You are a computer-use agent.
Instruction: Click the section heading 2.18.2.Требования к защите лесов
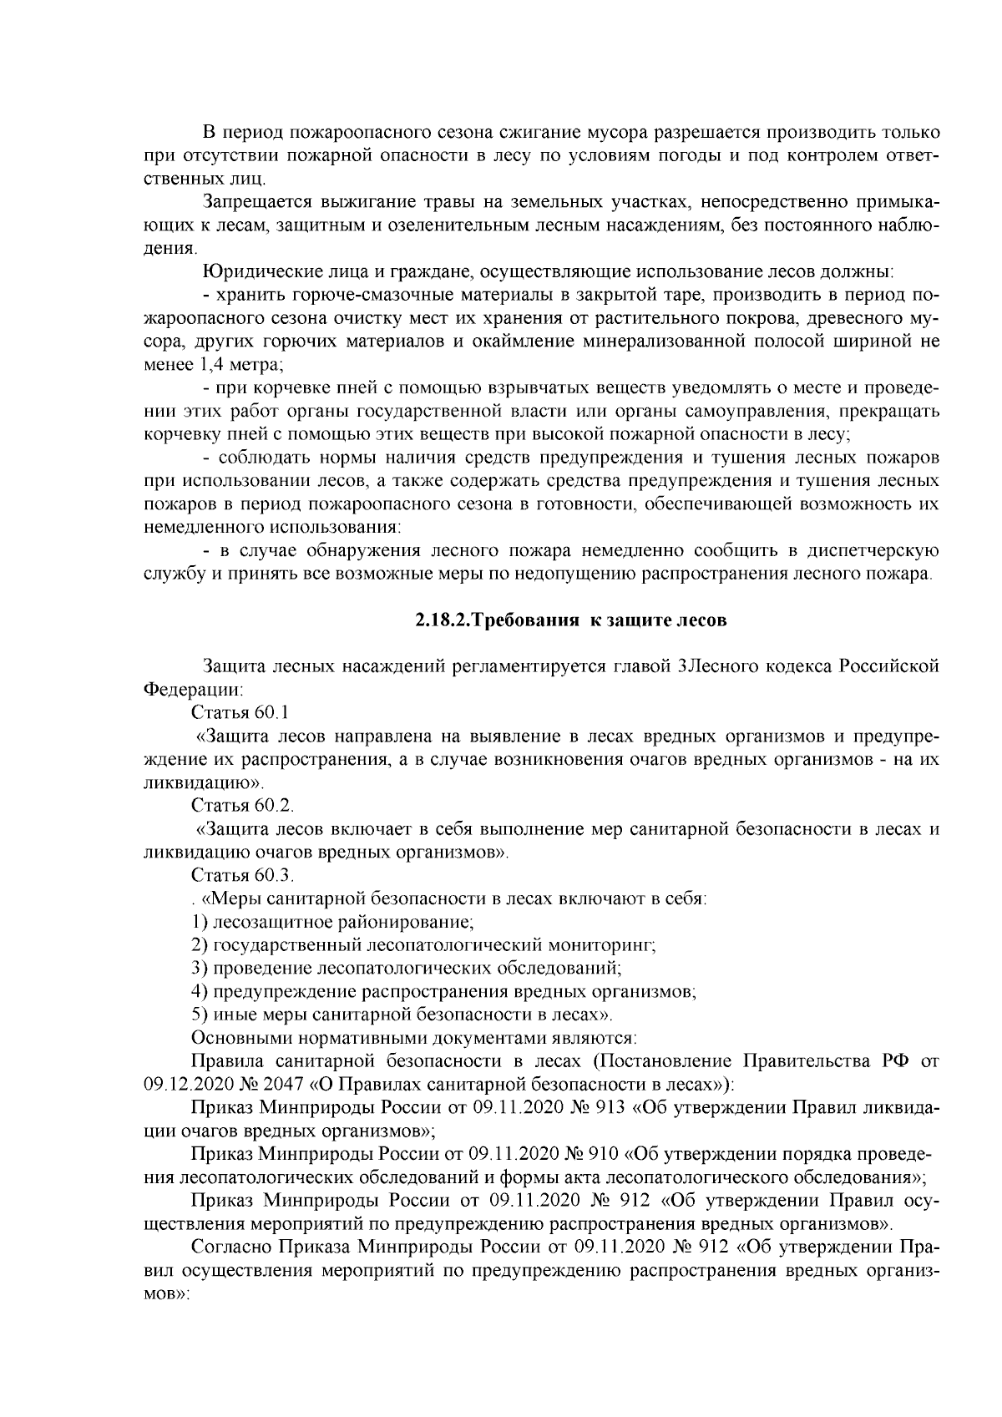tap(571, 620)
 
